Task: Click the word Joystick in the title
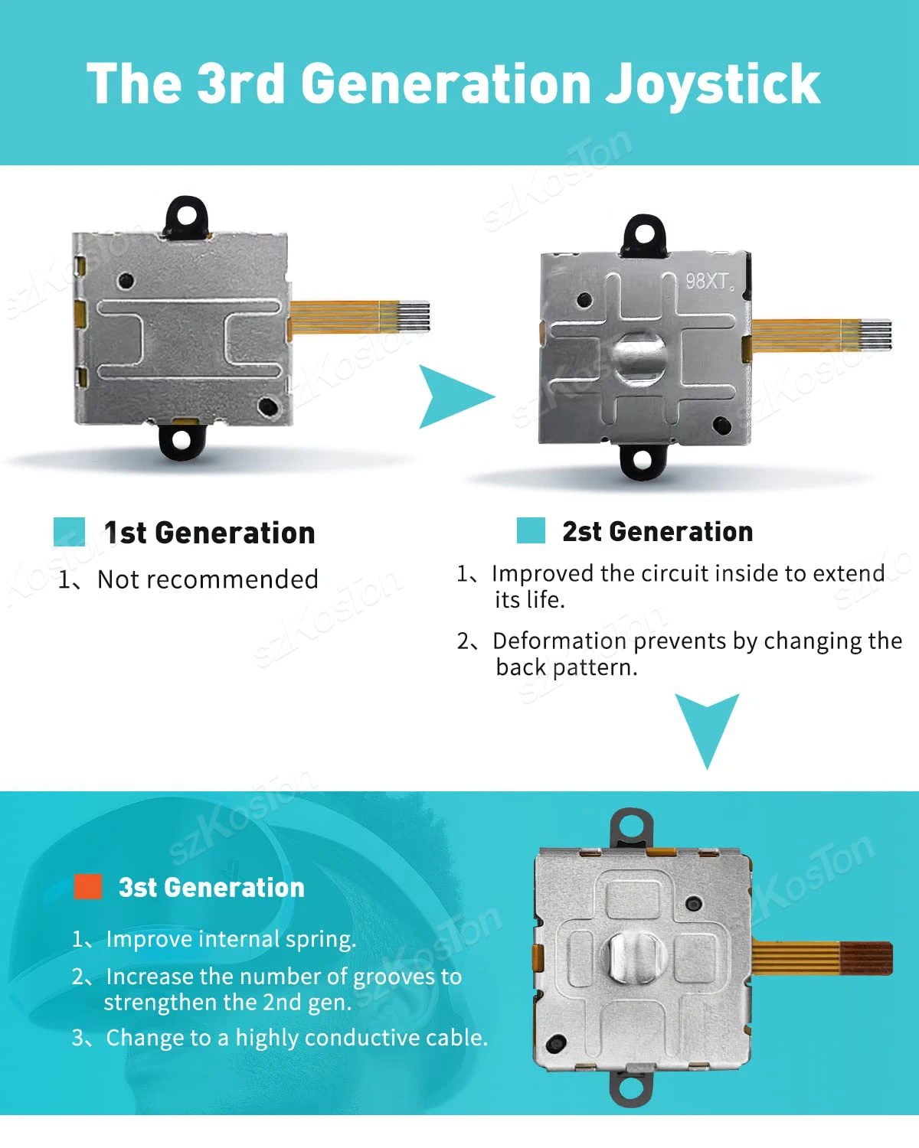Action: pos(712,85)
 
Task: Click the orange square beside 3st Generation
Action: pos(88,886)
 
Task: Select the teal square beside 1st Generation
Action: pos(70,531)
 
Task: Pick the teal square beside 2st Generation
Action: pos(531,530)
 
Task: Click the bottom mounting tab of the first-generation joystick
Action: pos(182,440)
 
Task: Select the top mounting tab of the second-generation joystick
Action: pos(644,236)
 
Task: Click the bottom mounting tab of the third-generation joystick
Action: pos(631,1088)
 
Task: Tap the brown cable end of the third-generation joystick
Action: pos(865,959)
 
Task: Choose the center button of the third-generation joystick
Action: pos(634,957)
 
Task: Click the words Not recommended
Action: pos(208,579)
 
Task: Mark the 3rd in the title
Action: pos(240,83)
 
